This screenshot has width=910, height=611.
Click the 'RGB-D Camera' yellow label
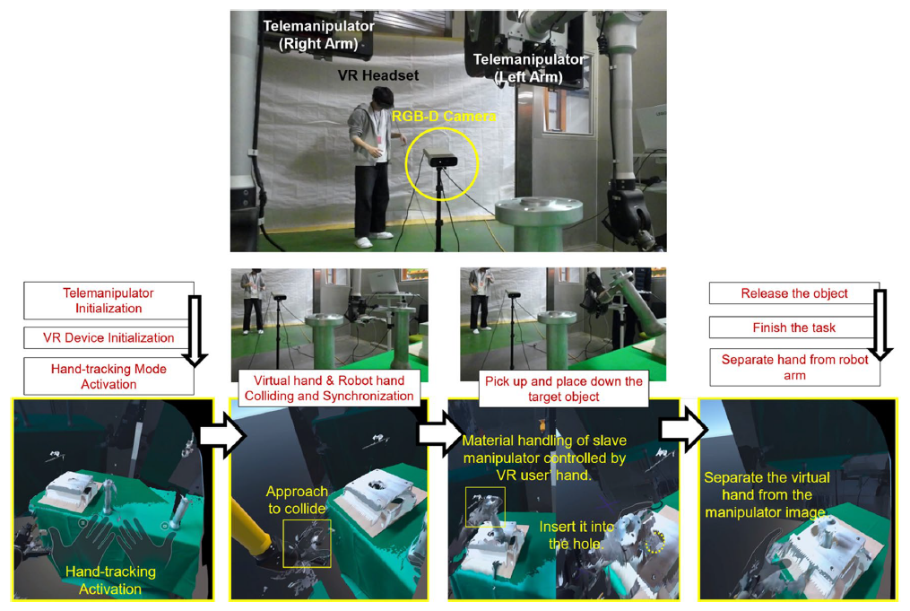[444, 116]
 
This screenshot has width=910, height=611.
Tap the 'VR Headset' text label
[378, 75]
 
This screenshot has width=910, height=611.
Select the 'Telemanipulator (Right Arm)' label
[318, 35]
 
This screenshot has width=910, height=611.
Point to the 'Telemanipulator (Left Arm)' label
[529, 68]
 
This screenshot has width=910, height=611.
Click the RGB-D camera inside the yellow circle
[440, 157]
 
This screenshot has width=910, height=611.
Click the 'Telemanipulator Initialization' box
[108, 301]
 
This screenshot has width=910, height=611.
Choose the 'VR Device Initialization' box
[108, 337]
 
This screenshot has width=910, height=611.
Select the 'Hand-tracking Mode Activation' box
[108, 376]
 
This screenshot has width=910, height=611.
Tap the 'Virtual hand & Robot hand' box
[329, 388]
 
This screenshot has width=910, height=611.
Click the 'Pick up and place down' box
[564, 388]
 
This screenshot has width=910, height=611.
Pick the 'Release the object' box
[794, 293]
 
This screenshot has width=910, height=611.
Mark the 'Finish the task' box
[794, 327]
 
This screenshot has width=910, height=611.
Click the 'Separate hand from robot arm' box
[794, 367]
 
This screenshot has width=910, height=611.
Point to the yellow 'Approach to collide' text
[297, 500]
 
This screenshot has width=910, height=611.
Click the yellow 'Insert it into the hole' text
[576, 535]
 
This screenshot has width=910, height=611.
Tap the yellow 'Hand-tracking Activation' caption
[110, 580]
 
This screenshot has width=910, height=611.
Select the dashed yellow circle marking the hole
[655, 542]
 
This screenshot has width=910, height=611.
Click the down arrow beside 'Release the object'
[880, 326]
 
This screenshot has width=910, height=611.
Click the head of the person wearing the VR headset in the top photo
[382, 98]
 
